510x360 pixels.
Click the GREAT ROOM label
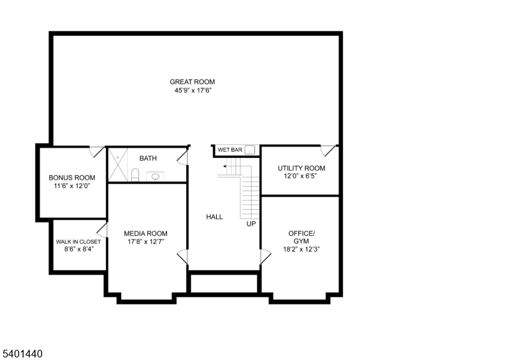192,82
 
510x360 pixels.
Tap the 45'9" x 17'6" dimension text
192,90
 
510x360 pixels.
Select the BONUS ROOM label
72,178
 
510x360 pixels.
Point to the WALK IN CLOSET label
78,242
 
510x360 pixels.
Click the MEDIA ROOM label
145,234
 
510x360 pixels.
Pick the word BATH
148,159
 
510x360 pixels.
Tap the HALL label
214,217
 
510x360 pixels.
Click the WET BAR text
229,150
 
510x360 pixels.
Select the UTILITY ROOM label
301,168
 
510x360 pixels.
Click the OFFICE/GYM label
301,237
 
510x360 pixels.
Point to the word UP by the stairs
251,224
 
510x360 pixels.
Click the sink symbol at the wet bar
250,150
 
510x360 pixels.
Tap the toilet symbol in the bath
135,175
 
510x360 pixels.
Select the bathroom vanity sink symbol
155,176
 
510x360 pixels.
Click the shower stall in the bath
117,164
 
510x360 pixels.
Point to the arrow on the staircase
226,166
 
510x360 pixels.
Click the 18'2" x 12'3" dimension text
301,249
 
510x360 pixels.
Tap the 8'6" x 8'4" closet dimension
78,250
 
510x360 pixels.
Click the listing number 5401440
22,352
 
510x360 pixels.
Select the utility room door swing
328,151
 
